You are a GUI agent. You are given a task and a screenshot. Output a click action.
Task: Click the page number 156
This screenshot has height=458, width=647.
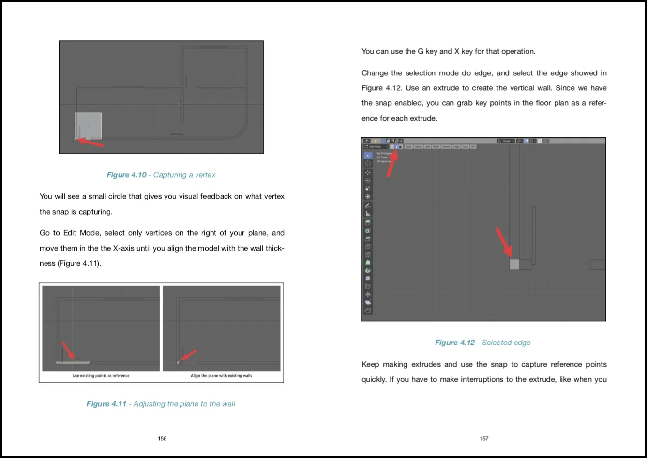[162, 438]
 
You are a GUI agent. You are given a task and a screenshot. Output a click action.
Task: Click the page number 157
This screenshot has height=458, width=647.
[484, 438]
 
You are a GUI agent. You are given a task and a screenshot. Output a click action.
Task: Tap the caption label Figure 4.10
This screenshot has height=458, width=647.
[126, 175]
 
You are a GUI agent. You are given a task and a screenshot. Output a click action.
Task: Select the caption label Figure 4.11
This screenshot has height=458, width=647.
[106, 404]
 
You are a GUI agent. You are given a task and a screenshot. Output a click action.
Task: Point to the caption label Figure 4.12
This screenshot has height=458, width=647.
[454, 343]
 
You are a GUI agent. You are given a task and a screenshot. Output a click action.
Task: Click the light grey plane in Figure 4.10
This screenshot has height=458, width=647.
[88, 124]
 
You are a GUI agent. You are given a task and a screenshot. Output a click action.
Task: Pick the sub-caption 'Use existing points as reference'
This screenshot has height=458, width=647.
[101, 375]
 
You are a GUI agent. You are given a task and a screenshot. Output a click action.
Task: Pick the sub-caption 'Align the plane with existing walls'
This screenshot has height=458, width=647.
[221, 375]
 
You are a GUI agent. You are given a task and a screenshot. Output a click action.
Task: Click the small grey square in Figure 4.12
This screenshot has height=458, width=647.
[514, 264]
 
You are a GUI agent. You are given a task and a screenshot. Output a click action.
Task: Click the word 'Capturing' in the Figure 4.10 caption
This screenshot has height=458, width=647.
[169, 175]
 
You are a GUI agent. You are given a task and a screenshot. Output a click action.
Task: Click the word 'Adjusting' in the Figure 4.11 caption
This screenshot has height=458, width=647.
[149, 404]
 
